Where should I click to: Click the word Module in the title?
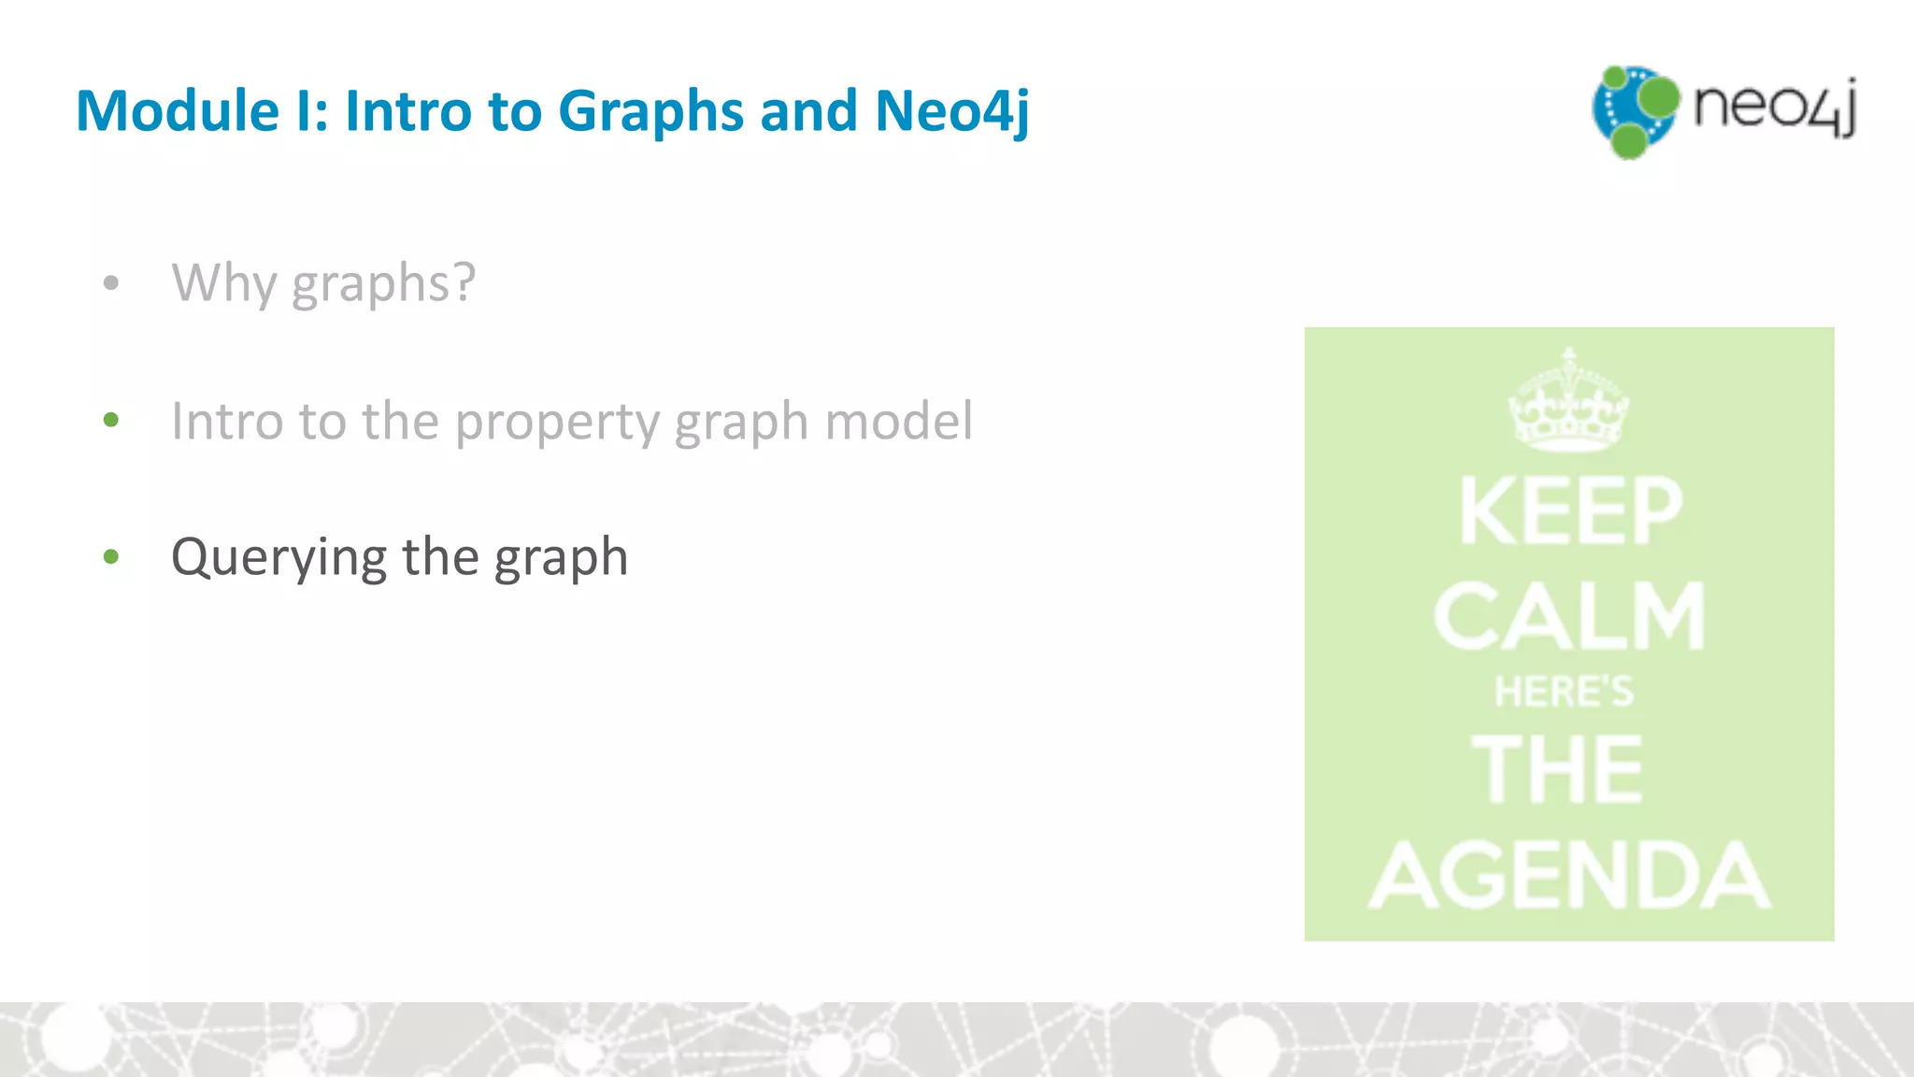pyautogui.click(x=178, y=111)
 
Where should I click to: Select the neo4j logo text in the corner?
pyautogui.click(x=1775, y=107)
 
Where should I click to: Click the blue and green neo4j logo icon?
pyautogui.click(x=1635, y=111)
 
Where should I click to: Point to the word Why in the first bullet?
pyautogui.click(x=223, y=283)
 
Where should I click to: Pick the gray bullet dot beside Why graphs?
pyautogui.click(x=111, y=282)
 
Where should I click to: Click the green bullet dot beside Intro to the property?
pyautogui.click(x=111, y=420)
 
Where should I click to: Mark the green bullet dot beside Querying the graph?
pyautogui.click(x=111, y=557)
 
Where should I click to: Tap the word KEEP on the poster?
pyautogui.click(x=1570, y=510)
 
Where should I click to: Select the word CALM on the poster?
pyautogui.click(x=1570, y=616)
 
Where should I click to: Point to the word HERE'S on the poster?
pyautogui.click(x=1564, y=693)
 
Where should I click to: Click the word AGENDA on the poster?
pyautogui.click(x=1570, y=875)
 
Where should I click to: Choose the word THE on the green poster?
pyautogui.click(x=1557, y=769)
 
